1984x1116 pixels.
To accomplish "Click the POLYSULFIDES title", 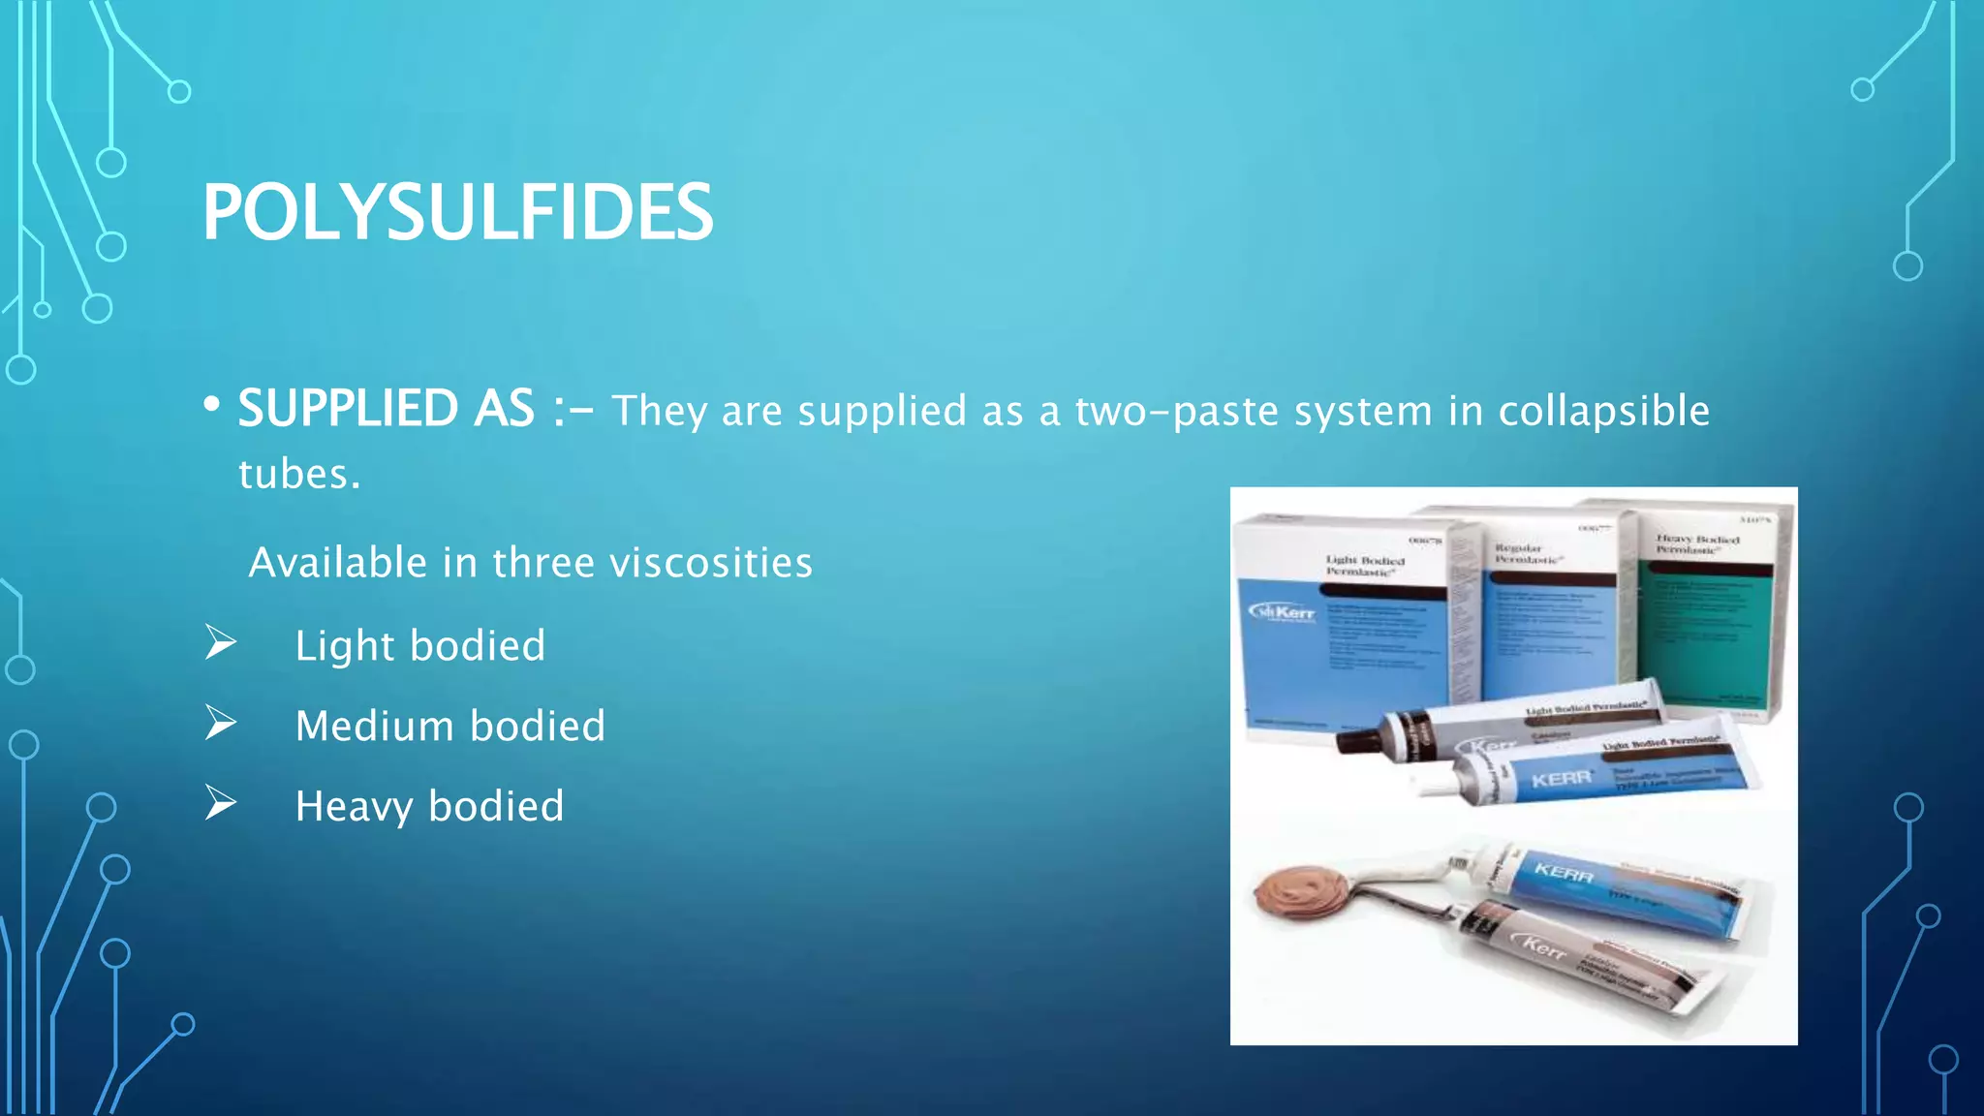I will [457, 213].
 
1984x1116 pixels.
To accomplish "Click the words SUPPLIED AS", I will [386, 409].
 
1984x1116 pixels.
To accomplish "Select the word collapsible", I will [1603, 412].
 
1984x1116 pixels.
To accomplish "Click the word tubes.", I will [298, 475].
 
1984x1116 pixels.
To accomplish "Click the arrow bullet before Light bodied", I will [221, 642].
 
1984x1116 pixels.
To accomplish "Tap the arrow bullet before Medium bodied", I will [221, 723].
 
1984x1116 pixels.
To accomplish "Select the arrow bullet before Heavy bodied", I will [221, 803].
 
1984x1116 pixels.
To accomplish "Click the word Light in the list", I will [345, 647].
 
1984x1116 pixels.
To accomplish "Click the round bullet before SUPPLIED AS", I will [211, 406].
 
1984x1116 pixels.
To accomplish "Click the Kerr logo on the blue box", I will [1282, 612].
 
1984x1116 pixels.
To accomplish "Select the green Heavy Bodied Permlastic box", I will [1710, 620].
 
